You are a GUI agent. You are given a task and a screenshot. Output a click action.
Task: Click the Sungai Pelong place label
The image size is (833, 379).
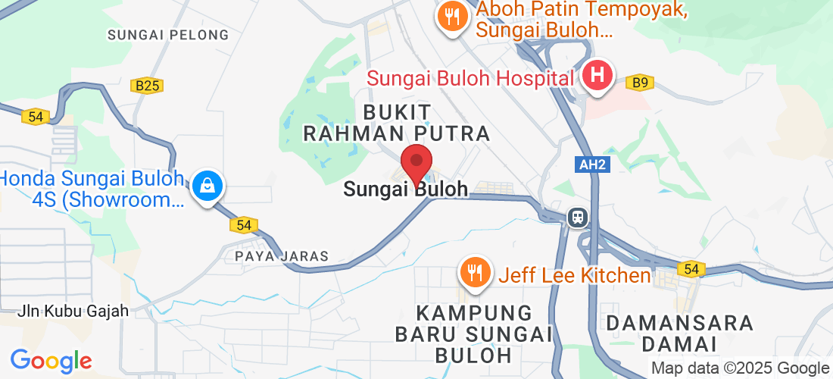click(168, 35)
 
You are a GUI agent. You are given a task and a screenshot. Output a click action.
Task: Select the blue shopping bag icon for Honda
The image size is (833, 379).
click(206, 184)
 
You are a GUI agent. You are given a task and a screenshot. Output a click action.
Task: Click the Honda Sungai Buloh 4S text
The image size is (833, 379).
click(91, 189)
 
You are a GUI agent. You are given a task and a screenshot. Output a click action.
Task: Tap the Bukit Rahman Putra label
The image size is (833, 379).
click(397, 123)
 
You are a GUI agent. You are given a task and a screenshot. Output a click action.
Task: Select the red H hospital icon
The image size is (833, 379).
click(597, 76)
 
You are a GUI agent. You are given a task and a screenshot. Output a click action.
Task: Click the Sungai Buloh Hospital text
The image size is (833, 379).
click(470, 77)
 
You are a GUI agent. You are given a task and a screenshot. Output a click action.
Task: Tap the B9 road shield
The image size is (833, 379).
click(641, 81)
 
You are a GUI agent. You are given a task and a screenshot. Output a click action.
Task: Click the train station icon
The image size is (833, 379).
click(578, 218)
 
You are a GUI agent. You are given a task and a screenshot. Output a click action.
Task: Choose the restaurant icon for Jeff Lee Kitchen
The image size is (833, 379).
click(475, 273)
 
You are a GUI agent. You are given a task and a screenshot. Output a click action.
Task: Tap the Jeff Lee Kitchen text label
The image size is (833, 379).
click(574, 275)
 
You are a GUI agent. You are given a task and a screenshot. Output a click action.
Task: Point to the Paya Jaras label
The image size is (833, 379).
click(282, 256)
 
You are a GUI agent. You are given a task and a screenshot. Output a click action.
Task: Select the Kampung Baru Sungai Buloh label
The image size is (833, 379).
click(475, 334)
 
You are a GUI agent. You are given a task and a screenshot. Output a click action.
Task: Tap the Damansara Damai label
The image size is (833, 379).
click(680, 334)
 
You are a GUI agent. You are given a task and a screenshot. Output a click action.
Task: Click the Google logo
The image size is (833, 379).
click(51, 361)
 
